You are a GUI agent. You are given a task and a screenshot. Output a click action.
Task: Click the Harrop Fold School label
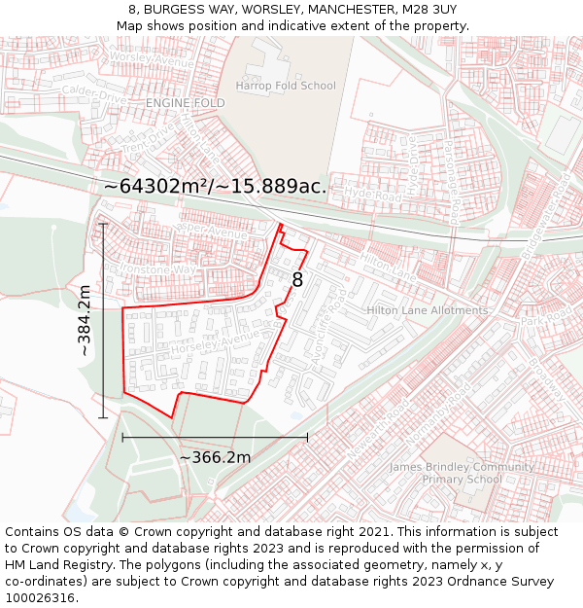pyautogui.click(x=286, y=86)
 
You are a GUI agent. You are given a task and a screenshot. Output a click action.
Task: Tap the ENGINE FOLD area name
pyautogui.click(x=185, y=102)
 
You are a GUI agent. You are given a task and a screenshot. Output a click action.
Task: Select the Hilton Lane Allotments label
pyautogui.click(x=427, y=310)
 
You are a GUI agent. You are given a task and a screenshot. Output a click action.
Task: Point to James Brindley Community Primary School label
pyautogui.click(x=462, y=473)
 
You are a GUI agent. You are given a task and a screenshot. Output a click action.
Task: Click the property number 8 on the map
pyautogui.click(x=297, y=280)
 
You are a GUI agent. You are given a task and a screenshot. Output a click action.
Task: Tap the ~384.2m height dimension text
pyautogui.click(x=85, y=321)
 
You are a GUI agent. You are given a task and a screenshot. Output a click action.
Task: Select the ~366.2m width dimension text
pyautogui.click(x=215, y=457)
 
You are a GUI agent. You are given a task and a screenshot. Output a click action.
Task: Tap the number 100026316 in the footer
pyautogui.click(x=40, y=597)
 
